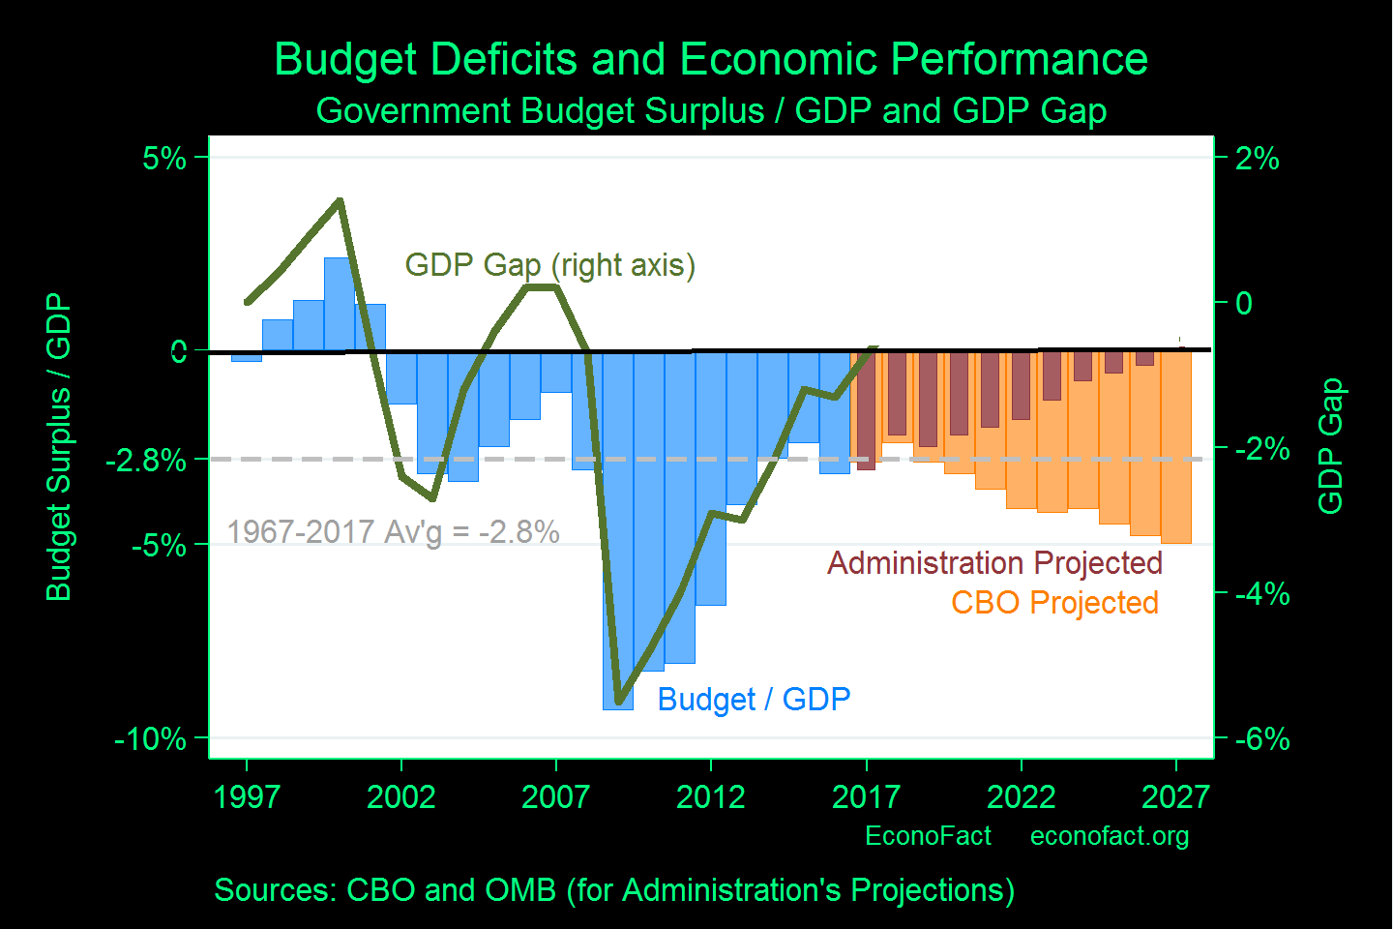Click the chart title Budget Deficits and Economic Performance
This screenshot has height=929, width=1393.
click(711, 59)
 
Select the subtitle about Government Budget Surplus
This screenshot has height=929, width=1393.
click(711, 110)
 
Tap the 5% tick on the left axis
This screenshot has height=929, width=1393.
click(164, 158)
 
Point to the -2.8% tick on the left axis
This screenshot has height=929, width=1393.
click(146, 460)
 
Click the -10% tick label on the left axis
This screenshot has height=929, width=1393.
click(150, 739)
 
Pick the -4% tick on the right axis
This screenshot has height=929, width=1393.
click(1261, 593)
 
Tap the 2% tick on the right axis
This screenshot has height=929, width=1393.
click(1258, 158)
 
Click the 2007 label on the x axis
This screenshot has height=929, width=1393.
click(555, 797)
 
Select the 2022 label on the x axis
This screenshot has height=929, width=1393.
click(1021, 797)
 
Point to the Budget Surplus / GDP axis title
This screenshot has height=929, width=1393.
click(59, 447)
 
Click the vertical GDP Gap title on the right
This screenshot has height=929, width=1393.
click(1331, 446)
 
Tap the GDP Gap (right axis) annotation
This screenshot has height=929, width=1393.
click(549, 265)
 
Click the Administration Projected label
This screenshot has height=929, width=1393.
click(994, 563)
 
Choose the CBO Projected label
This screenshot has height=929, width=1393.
click(1054, 603)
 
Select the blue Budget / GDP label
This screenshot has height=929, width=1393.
click(754, 700)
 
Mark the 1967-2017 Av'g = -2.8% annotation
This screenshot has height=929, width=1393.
click(393, 532)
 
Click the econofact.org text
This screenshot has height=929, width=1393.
click(1110, 836)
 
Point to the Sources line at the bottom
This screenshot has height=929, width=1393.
click(614, 890)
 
